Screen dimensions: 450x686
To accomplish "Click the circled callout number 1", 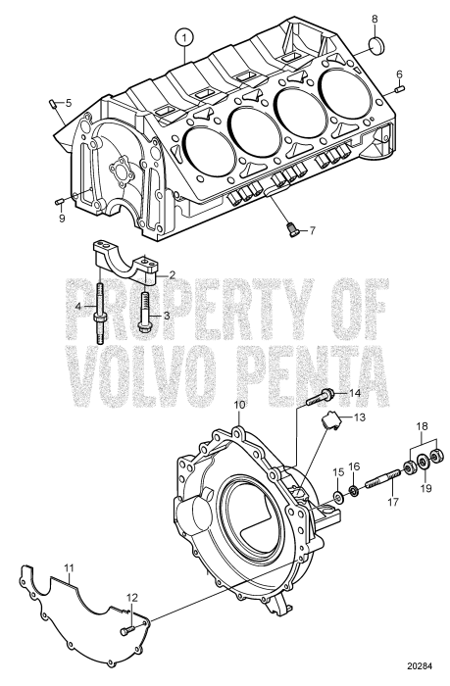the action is point(184,38).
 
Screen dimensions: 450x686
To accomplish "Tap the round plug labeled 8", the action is point(376,46).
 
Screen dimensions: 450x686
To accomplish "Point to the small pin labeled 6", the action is point(398,90).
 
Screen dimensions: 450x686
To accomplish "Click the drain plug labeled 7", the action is point(294,229).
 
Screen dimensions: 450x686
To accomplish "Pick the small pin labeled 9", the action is point(61,201).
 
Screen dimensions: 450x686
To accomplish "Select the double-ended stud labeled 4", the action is point(99,314).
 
